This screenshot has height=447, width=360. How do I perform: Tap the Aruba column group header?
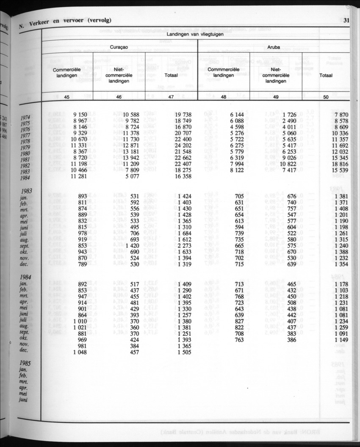click(274, 48)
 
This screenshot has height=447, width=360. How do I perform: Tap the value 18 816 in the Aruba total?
click(338, 164)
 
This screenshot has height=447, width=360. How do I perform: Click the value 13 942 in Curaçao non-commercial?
click(129, 158)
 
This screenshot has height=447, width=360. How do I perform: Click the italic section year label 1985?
click(28, 363)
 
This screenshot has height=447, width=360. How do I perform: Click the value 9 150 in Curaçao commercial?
click(80, 115)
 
